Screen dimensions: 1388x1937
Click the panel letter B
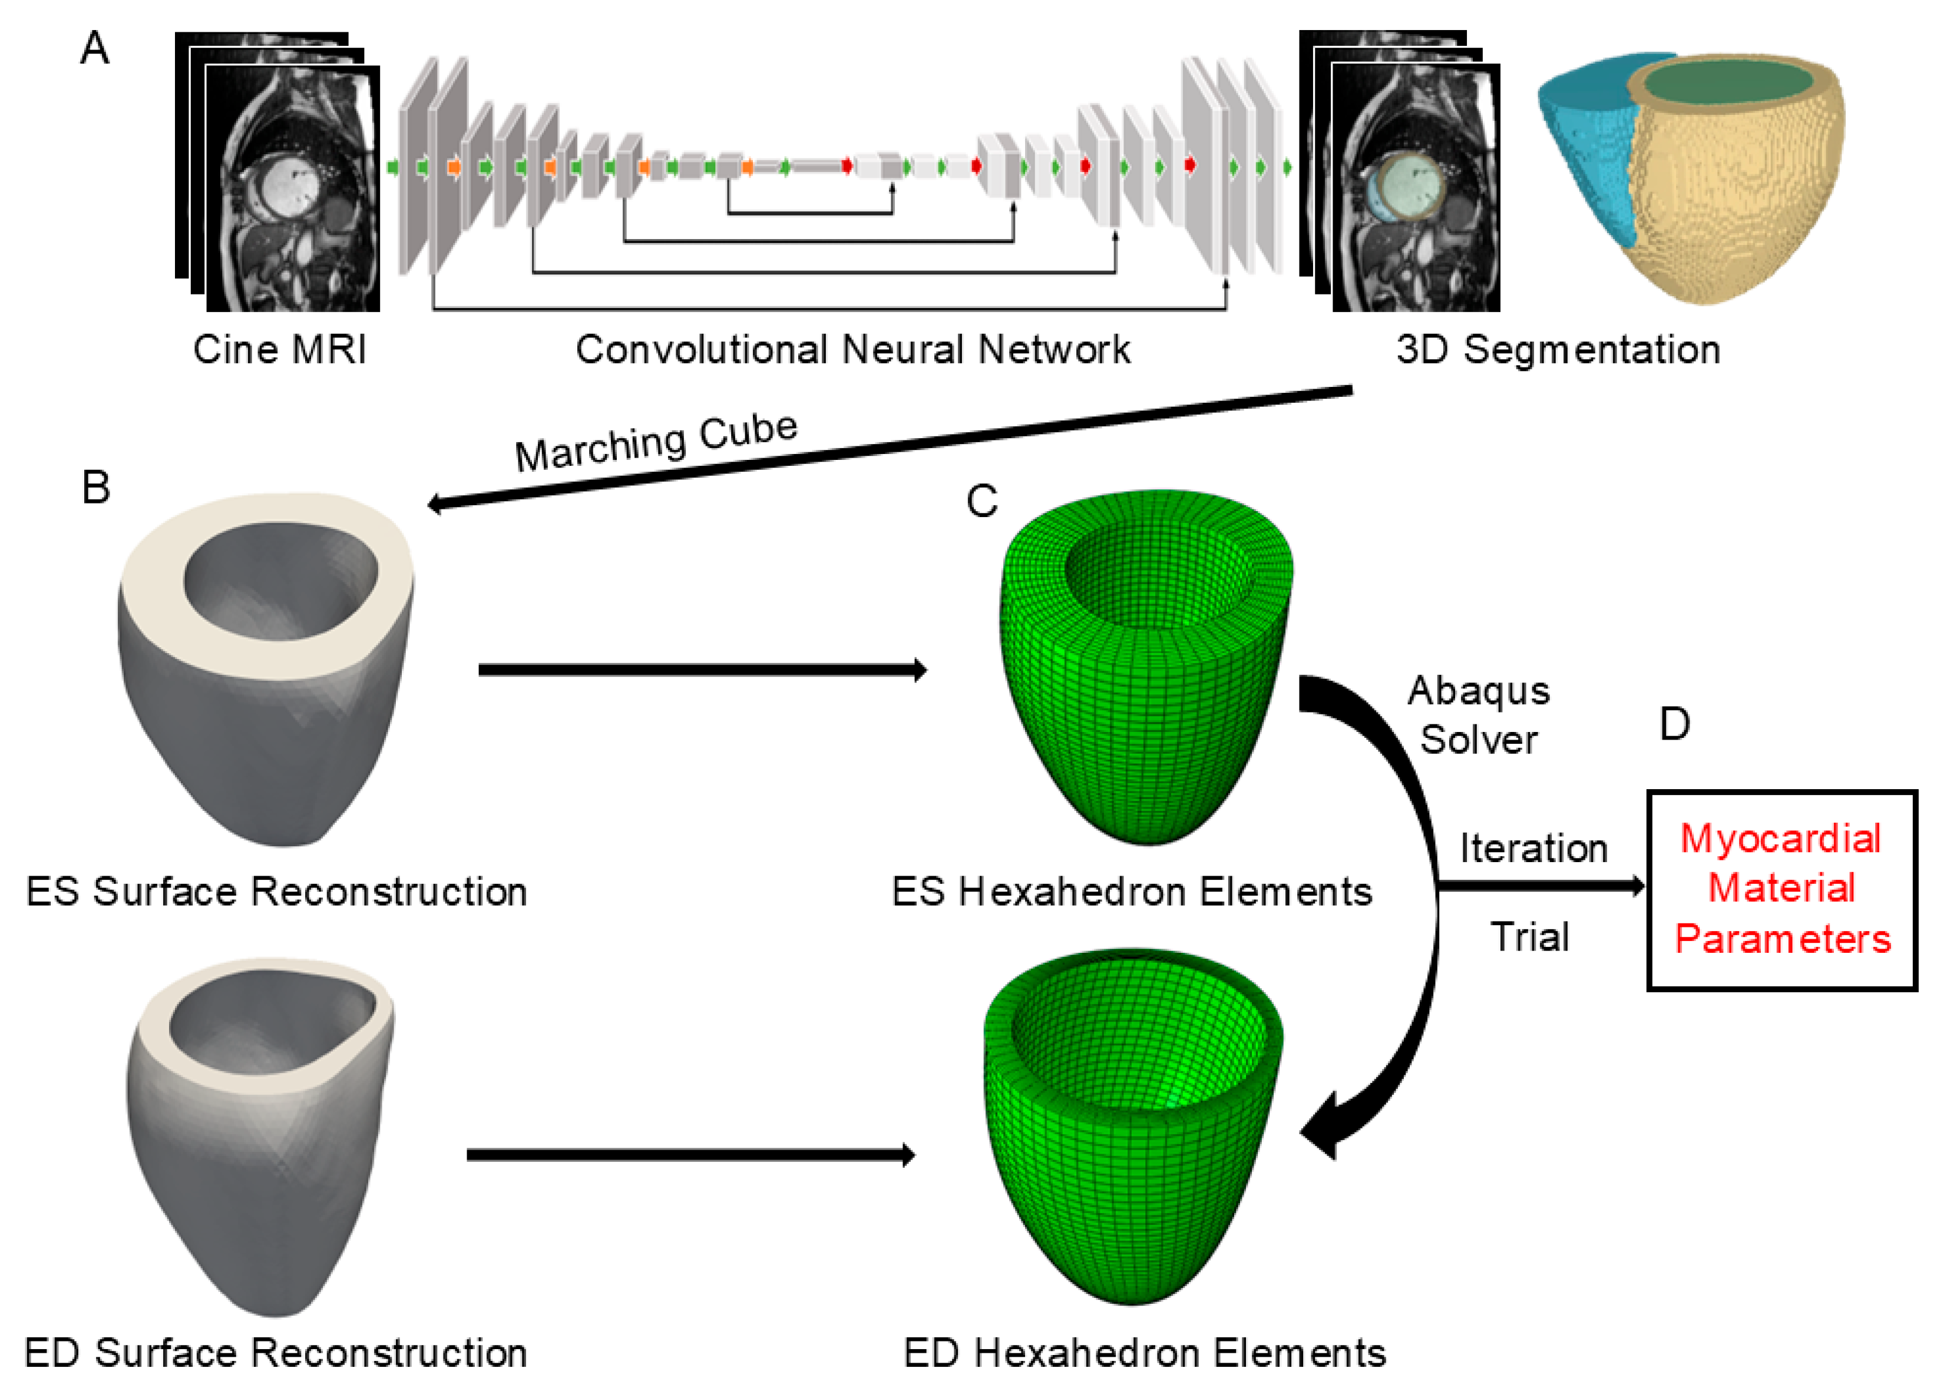click(95, 488)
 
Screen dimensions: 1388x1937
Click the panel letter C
click(981, 501)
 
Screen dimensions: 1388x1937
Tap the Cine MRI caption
click(279, 349)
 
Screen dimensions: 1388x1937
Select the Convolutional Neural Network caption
click(852, 349)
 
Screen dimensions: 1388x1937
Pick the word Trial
click(1529, 936)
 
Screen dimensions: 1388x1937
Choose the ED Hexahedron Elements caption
click(1145, 1353)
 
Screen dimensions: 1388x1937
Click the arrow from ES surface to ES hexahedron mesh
click(700, 670)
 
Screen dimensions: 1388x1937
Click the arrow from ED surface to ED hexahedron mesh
click(688, 1155)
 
